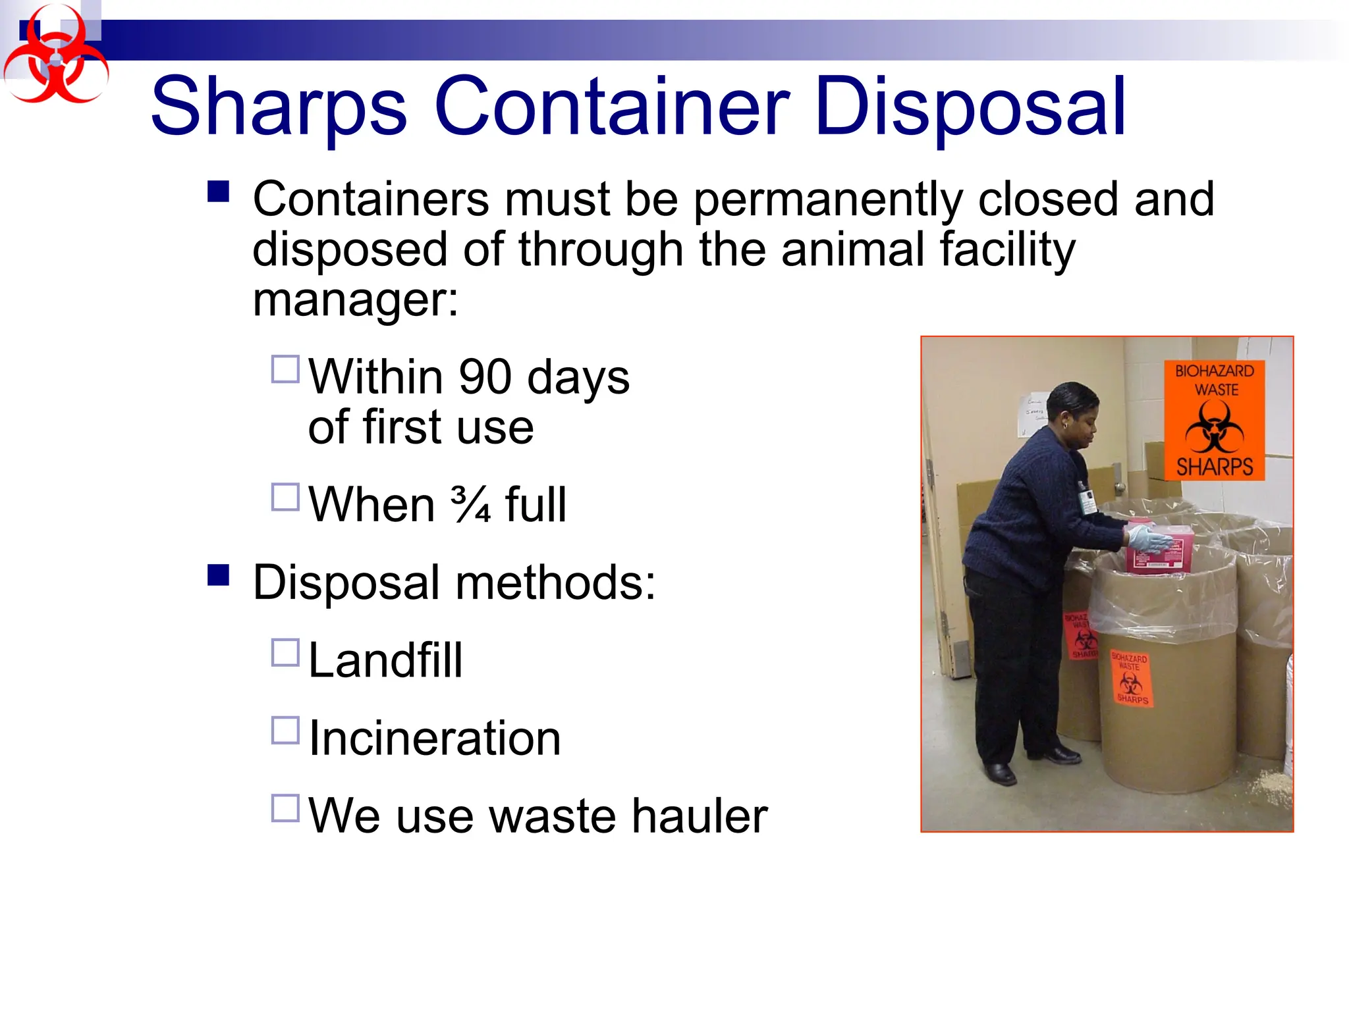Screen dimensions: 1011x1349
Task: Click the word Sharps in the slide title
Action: tap(279, 107)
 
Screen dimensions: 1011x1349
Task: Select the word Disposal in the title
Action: tap(970, 107)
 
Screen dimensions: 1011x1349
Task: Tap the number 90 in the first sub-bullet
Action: tap(485, 377)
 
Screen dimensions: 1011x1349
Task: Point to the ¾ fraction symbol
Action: tap(470, 505)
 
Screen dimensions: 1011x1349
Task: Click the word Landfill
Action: tap(385, 660)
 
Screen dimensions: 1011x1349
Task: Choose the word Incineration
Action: tap(435, 738)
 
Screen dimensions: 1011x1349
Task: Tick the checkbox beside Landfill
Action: tap(285, 653)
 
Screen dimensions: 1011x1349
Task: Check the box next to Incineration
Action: tap(285, 731)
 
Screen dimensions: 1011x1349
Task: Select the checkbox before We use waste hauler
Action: tap(285, 808)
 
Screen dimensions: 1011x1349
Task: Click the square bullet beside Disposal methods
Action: tap(218, 575)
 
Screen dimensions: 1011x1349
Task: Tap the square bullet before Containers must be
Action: tap(218, 192)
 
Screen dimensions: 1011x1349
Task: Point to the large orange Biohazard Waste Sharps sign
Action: tap(1214, 420)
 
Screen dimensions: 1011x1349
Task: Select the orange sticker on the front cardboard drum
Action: tap(1131, 678)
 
